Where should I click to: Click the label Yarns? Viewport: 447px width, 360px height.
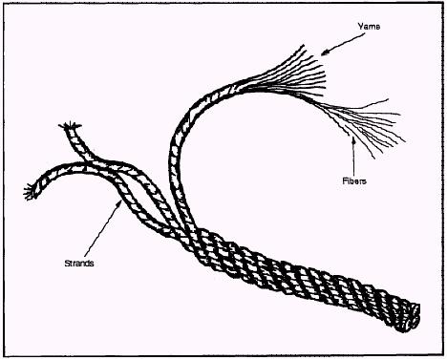click(369, 26)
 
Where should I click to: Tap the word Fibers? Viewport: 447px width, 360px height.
click(354, 181)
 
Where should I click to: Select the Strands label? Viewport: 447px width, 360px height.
click(79, 264)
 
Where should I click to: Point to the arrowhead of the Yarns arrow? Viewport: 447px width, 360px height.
click(324, 53)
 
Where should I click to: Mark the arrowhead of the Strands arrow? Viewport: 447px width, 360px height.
click(119, 203)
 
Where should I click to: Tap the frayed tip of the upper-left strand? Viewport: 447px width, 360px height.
click(70, 126)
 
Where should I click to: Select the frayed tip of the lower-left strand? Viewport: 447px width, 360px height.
click(30, 192)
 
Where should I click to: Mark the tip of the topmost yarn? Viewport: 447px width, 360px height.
click(303, 46)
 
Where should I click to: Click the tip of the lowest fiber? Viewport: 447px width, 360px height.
click(374, 158)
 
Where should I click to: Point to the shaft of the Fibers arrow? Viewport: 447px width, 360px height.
click(353, 159)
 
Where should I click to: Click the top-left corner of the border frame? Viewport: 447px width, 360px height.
click(4, 4)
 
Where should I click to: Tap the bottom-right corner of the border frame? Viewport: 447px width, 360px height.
click(443, 356)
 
